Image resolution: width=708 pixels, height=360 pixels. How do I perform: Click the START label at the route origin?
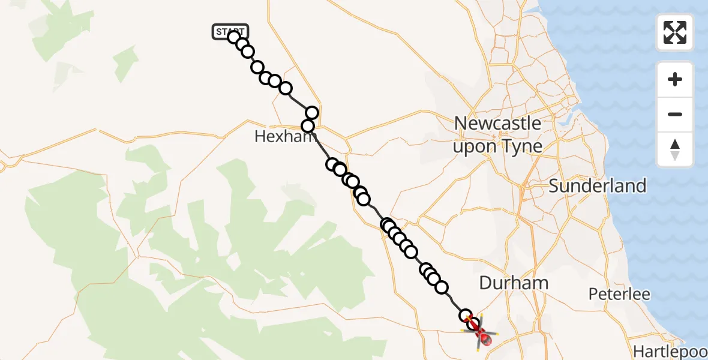(x=229, y=32)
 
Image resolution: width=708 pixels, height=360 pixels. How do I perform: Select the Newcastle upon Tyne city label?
(x=497, y=135)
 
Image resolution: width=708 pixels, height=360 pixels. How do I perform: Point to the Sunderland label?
(x=598, y=186)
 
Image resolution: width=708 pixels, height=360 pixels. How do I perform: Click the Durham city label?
(x=514, y=283)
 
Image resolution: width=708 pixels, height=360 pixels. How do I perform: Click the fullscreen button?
(x=675, y=32)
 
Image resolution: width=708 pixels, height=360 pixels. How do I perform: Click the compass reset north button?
(x=675, y=149)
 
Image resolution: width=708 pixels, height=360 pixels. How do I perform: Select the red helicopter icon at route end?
(x=479, y=332)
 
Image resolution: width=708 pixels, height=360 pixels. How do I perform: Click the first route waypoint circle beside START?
(x=235, y=37)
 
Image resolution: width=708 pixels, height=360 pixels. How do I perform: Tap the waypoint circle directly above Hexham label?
(x=308, y=126)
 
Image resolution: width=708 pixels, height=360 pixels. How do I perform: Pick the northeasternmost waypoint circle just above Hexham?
(x=312, y=113)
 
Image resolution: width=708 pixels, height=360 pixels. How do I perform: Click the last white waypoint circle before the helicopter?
(x=466, y=316)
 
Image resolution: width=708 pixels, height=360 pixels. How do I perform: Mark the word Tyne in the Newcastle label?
(x=521, y=146)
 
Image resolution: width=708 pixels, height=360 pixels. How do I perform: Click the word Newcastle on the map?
(x=497, y=124)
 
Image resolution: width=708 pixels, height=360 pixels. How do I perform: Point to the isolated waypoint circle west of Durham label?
(x=442, y=287)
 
